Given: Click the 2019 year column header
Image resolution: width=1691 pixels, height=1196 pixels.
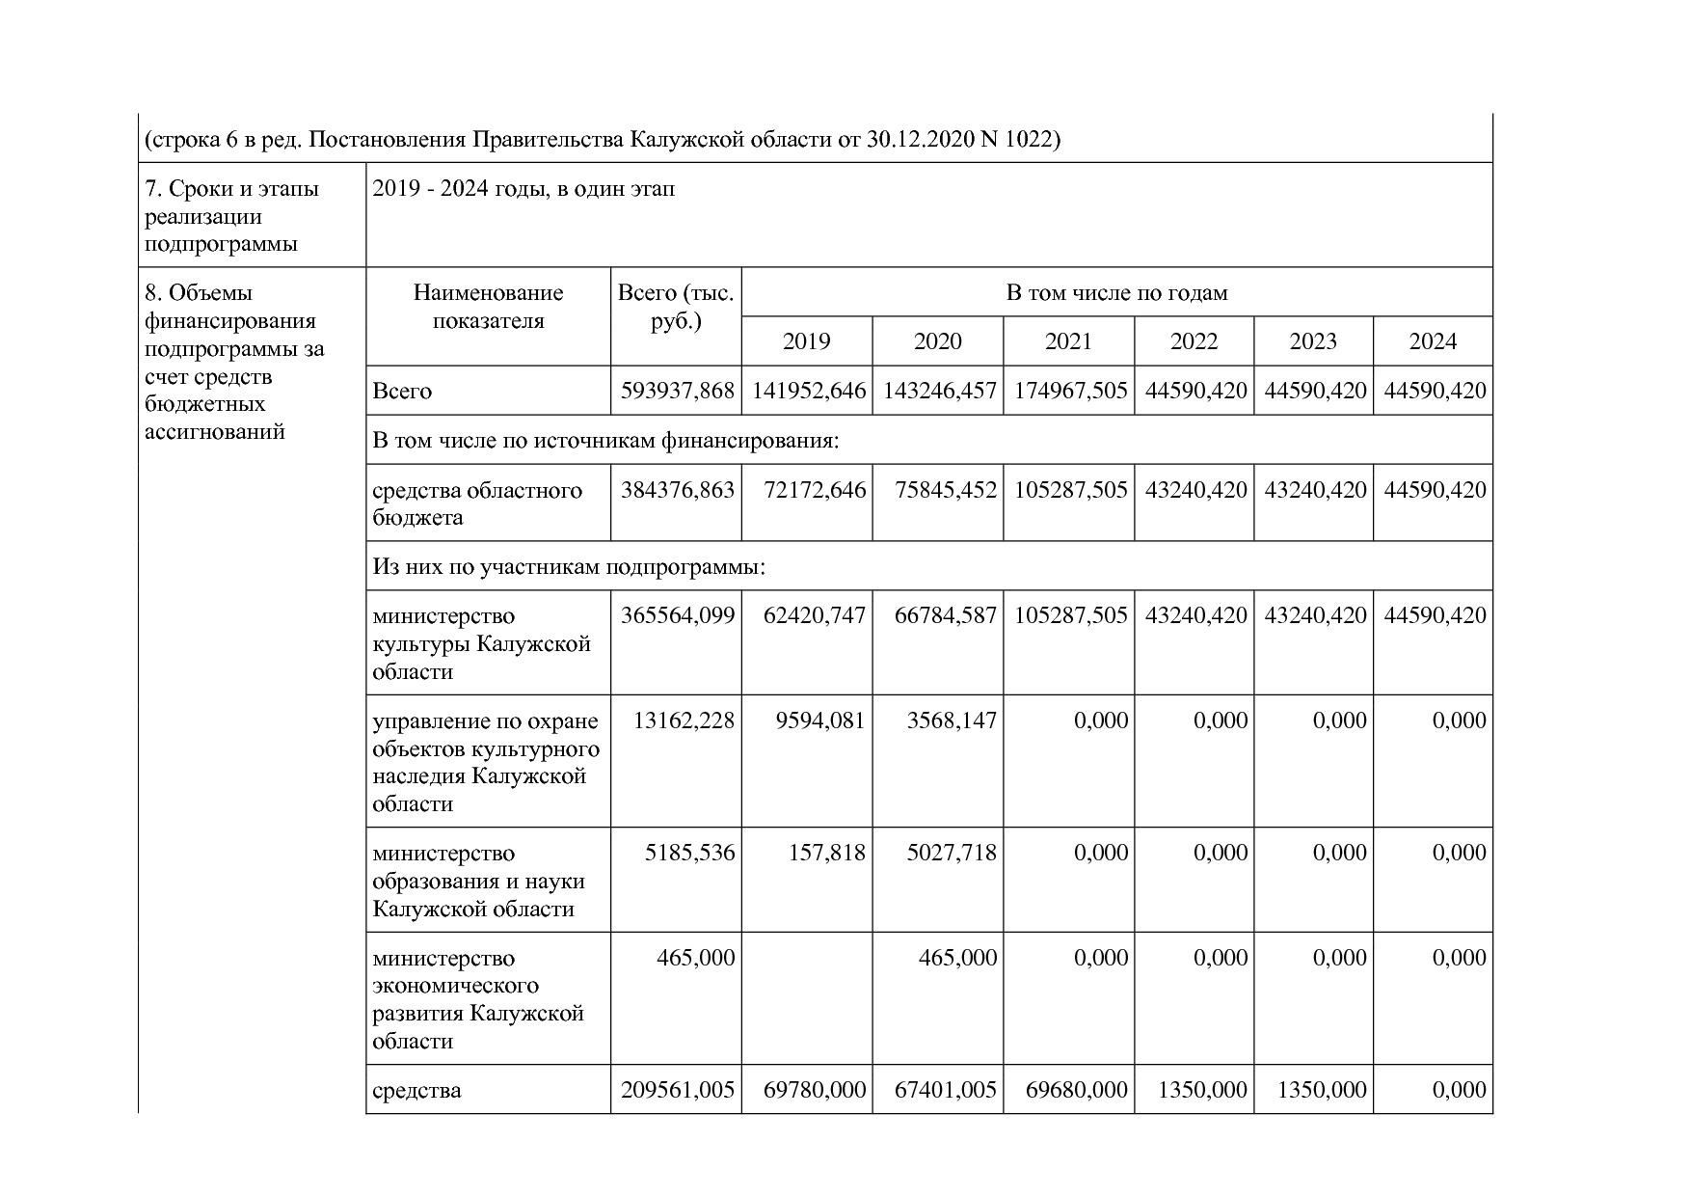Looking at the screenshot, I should click(x=806, y=341).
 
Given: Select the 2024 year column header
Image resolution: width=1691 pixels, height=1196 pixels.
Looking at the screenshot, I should click(x=1433, y=341).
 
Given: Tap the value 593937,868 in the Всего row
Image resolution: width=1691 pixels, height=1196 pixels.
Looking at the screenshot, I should click(x=677, y=392).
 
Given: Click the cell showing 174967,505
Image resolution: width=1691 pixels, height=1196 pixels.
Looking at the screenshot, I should click(x=1070, y=392).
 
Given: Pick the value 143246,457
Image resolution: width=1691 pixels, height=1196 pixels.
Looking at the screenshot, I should click(x=939, y=392).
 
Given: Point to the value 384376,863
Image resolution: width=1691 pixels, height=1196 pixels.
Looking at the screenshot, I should click(x=677, y=490).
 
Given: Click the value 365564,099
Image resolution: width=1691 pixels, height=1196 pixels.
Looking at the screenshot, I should click(x=677, y=615).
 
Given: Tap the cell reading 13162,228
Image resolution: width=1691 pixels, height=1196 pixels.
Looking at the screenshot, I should click(x=683, y=720).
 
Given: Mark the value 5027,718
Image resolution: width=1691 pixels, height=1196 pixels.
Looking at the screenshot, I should click(x=951, y=853).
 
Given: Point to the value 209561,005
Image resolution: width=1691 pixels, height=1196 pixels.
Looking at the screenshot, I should click(x=677, y=1090).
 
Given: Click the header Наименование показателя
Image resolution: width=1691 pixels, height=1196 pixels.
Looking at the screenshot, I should click(x=488, y=307).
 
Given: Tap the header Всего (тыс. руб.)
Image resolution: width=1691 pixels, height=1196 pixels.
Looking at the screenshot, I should click(x=676, y=307).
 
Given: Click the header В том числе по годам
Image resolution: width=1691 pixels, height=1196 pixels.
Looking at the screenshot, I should click(x=1116, y=293).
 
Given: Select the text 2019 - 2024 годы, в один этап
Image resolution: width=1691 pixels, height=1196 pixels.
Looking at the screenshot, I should click(x=523, y=189).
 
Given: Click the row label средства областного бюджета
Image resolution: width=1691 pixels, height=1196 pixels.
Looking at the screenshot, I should click(x=477, y=503).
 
